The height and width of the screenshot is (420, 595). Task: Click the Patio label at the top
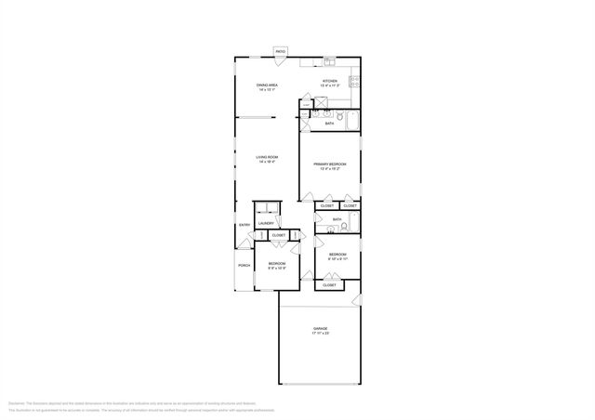pos(280,52)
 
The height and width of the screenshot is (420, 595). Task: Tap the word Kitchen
pos(329,82)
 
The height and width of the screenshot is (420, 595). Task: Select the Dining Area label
pos(268,85)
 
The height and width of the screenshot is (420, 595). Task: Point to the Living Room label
pos(268,157)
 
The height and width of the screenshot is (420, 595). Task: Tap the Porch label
pos(245,266)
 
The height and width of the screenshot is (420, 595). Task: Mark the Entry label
pos(245,225)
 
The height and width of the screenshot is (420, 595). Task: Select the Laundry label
pos(266,223)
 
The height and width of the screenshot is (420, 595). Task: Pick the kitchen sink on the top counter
pos(329,61)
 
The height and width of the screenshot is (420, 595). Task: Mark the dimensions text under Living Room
pos(268,162)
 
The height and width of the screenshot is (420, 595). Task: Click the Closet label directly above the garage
pos(329,285)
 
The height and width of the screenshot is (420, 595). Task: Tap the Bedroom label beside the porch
pos(276,263)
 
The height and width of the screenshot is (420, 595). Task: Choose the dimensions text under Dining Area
pos(268,90)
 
